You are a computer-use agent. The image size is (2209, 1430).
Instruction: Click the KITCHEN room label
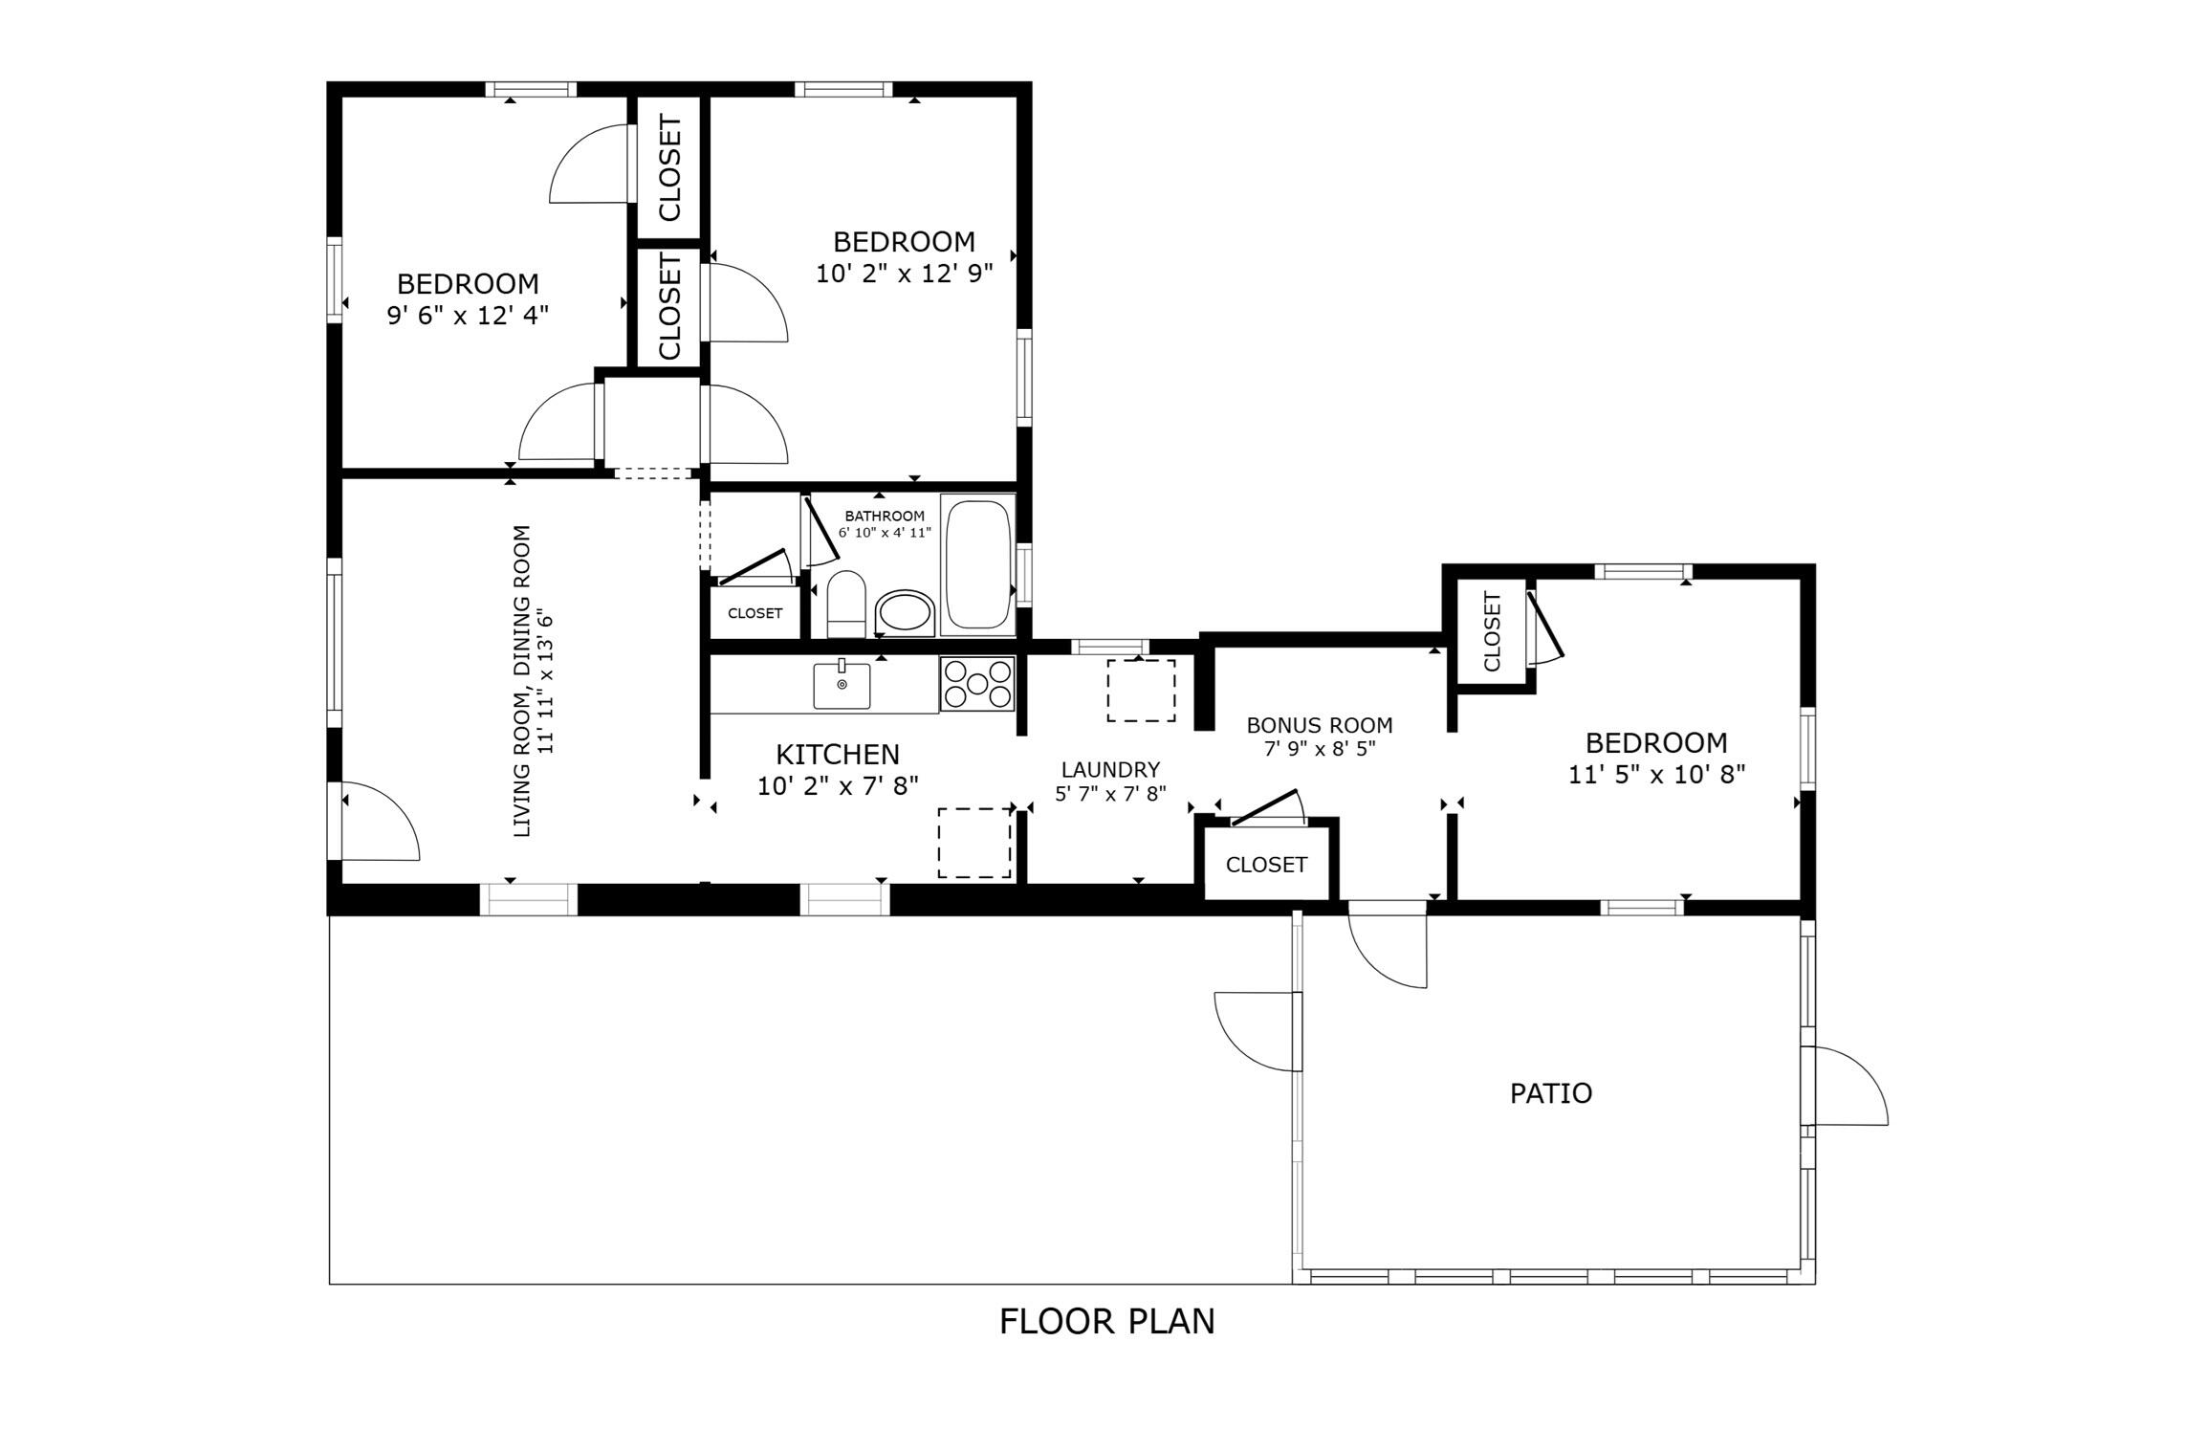click(838, 755)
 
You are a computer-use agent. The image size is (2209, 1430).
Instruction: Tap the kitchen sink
click(842, 685)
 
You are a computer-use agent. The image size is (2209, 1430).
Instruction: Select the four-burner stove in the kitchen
click(977, 684)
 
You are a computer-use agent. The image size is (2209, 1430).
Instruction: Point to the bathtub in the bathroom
click(977, 564)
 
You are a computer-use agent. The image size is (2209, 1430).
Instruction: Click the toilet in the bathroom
click(845, 605)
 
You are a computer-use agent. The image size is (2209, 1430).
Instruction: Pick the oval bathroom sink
click(906, 612)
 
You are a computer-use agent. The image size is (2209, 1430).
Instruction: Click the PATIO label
click(1551, 1093)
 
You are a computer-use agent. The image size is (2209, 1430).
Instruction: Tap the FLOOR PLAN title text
click(1107, 1321)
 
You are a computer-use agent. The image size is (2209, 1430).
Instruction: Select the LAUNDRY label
click(1110, 770)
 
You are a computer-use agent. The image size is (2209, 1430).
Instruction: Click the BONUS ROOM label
click(1320, 725)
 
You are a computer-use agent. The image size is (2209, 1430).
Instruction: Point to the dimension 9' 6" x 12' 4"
click(468, 316)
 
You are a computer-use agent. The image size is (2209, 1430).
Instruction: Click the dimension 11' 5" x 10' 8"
click(1657, 775)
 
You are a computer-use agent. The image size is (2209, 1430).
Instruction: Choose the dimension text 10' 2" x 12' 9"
click(905, 274)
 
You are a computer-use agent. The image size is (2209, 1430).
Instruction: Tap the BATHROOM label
click(885, 516)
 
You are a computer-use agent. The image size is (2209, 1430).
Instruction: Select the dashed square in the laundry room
click(1141, 691)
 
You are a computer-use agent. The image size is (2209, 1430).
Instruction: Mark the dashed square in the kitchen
click(974, 843)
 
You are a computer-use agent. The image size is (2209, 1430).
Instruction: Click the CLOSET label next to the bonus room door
click(1266, 865)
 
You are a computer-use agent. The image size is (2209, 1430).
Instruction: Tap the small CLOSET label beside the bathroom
click(755, 613)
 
